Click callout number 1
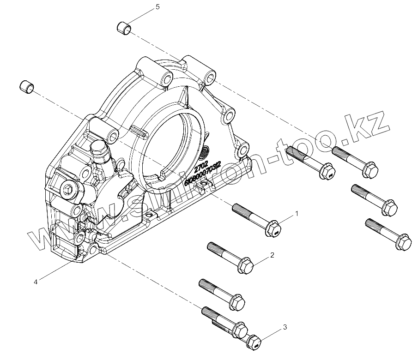pos(297,214)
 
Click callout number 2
pos(273,255)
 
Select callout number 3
pos(285,327)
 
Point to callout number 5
pos(158,6)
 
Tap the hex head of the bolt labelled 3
pos(255,342)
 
